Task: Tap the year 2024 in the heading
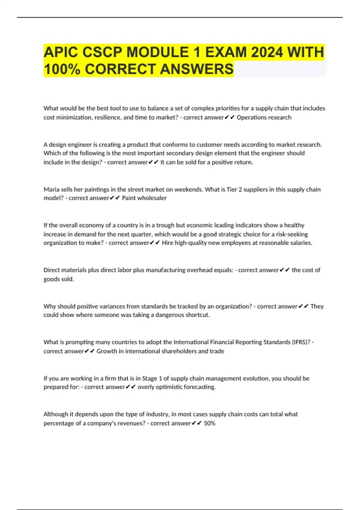click(267, 52)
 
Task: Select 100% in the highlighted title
click(62, 69)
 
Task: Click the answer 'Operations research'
click(264, 117)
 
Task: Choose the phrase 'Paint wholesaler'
click(144, 198)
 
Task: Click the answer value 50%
click(209, 423)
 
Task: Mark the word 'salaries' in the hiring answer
click(301, 243)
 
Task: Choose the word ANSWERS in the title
click(196, 69)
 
